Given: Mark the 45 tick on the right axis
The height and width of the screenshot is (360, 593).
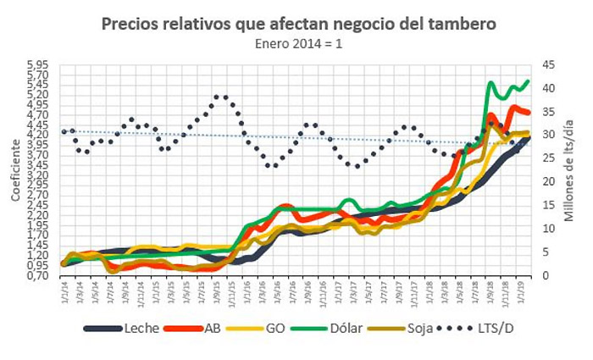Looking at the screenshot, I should pos(549,65).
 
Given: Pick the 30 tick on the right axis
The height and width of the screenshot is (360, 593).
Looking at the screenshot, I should pos(549,136).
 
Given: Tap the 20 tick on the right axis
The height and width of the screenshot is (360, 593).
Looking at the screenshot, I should pos(549,182).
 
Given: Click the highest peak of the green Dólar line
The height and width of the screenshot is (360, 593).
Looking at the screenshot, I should pos(528,81).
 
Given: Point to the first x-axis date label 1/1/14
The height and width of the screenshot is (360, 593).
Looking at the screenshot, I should pos(64,292).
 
